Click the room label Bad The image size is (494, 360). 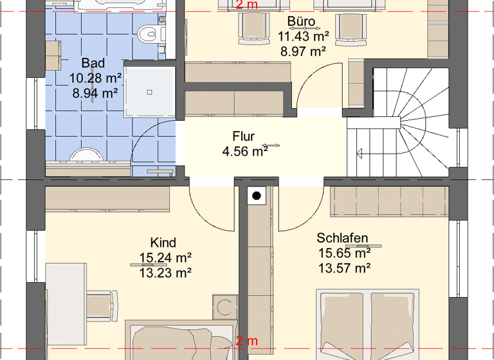[x=93, y=64]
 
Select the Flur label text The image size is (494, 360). [x=244, y=136]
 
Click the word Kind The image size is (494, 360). [x=163, y=242]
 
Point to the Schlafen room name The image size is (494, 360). [x=342, y=239]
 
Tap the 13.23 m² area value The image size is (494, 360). [x=165, y=273]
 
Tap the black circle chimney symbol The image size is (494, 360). [x=257, y=196]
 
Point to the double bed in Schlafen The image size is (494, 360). [x=369, y=325]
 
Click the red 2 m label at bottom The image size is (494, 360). [x=246, y=341]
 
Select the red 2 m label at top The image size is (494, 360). [x=246, y=5]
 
